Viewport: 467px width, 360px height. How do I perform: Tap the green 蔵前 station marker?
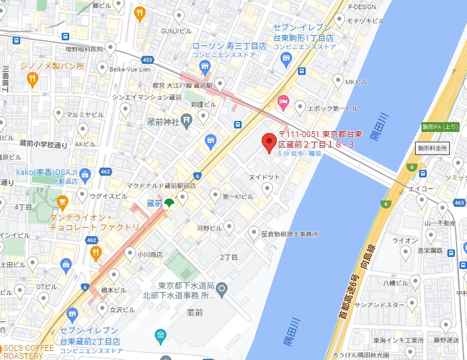[x=168, y=203]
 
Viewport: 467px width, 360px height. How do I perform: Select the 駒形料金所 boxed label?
[x=432, y=148]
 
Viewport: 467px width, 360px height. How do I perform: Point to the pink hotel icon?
[x=283, y=103]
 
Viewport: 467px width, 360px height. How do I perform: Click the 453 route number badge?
[x=148, y=59]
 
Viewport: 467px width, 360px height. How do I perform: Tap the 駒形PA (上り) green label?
[x=440, y=127]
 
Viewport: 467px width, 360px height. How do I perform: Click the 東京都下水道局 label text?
[x=186, y=286]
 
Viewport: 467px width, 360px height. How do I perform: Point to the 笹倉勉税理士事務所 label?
[x=289, y=234]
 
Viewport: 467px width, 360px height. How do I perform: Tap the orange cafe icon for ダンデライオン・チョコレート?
[x=62, y=202]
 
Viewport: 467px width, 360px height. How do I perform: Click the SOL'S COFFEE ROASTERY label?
[x=27, y=351]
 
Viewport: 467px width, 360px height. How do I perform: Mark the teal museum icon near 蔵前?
[x=160, y=335]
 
